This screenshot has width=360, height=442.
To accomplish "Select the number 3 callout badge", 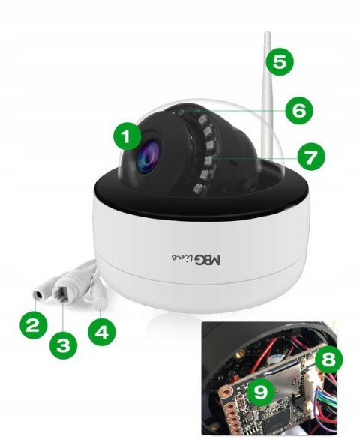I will coord(64,345).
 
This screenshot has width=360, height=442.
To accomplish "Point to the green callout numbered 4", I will coord(102,330).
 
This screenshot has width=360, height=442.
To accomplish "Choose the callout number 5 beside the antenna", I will coord(279,61).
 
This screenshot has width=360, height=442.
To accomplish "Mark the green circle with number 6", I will coord(298,110).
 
